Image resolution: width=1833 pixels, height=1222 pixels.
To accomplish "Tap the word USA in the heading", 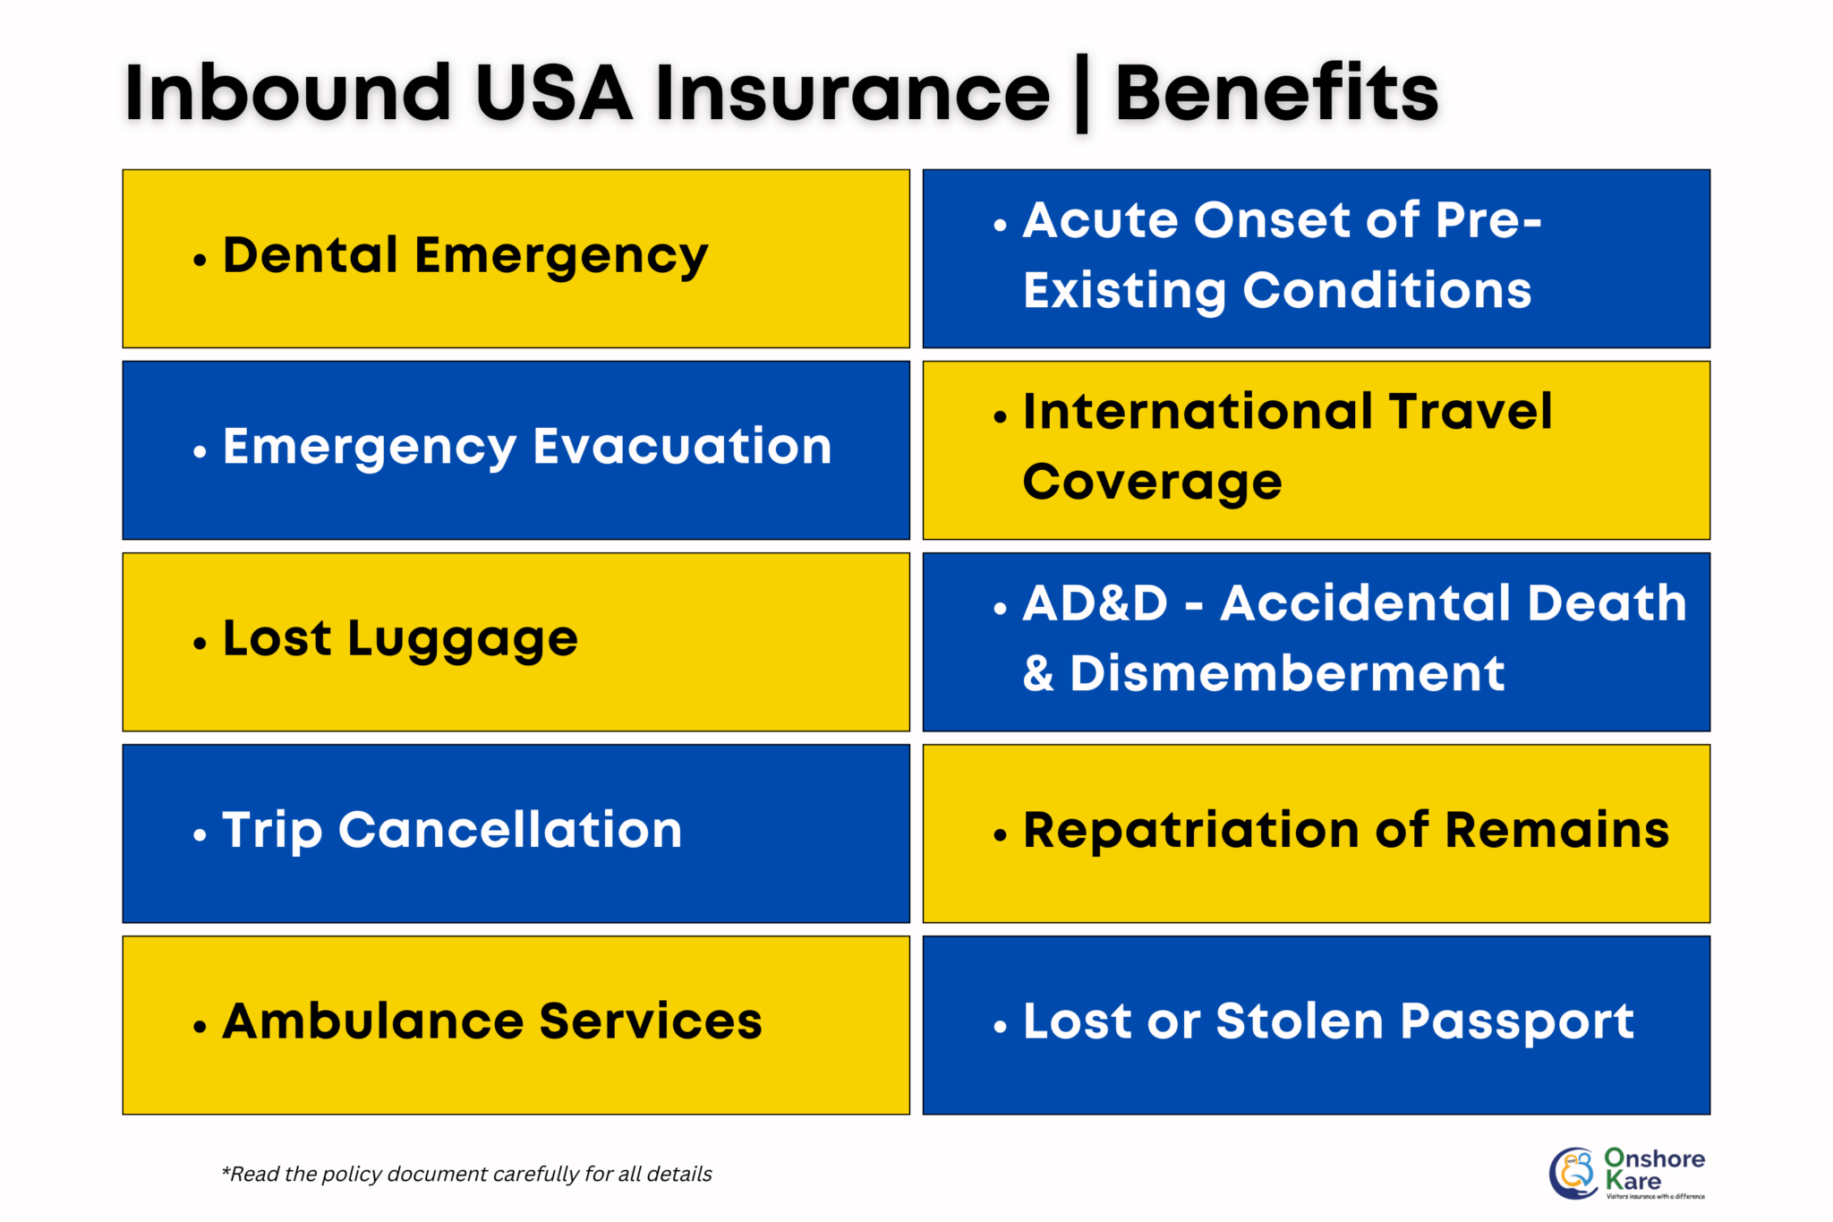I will [x=554, y=93].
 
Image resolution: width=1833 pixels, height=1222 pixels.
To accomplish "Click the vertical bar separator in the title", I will [x=1081, y=93].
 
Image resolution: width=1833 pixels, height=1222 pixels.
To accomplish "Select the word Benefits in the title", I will [x=1276, y=93].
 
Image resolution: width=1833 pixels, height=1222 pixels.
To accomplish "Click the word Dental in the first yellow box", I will [x=311, y=255].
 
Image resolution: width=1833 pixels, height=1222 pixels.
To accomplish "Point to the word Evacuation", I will [x=682, y=447].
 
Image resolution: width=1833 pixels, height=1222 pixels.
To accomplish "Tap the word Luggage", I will [x=463, y=640].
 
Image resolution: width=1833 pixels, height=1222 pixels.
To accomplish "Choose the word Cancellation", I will [x=510, y=830].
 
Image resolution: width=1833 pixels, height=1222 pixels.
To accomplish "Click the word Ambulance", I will [x=373, y=1021].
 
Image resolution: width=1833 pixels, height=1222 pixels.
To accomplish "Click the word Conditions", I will [x=1387, y=291].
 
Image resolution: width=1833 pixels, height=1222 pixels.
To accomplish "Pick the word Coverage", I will [x=1152, y=483].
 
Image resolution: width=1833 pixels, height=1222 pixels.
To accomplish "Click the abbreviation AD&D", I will [x=1096, y=603].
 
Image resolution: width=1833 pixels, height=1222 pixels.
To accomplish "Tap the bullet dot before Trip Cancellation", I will [x=200, y=835].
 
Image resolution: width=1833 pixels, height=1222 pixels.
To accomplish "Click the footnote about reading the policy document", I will [x=466, y=1174].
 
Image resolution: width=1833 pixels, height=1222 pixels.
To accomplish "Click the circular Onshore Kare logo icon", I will [x=1573, y=1173].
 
